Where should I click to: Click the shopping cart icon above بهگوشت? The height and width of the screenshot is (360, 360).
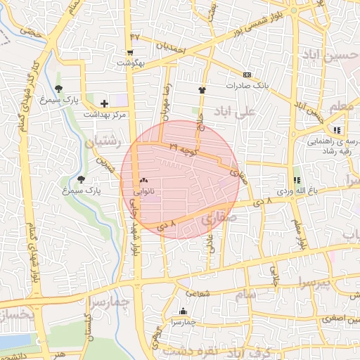point(130,53)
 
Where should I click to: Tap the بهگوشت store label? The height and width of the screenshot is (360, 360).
point(130,63)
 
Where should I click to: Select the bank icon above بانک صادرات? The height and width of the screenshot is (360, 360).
point(246,75)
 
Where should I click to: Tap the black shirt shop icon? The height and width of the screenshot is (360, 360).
point(202,89)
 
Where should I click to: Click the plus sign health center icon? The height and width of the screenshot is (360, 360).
point(105,103)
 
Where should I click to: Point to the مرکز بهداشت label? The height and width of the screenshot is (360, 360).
point(104,114)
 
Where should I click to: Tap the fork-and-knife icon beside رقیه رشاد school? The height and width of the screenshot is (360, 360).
point(337,130)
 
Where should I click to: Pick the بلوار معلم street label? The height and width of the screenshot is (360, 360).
point(300,236)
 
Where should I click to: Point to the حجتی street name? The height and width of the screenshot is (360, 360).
point(31,31)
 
